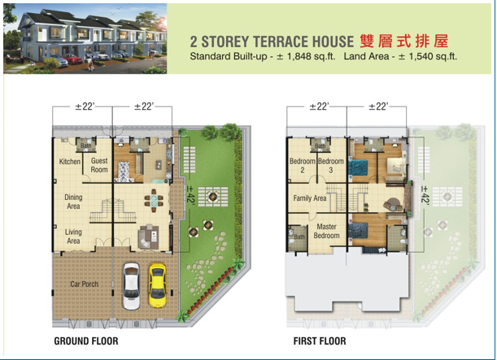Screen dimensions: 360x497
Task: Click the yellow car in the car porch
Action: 158,284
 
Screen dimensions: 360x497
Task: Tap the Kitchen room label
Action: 70,162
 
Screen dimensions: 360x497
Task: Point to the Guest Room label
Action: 99,166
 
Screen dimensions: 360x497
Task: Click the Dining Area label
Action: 73,201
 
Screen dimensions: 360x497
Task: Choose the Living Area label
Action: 73,236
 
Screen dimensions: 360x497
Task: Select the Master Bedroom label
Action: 328,231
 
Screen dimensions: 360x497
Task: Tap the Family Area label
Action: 310,198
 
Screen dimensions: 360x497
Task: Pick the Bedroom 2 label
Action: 302,166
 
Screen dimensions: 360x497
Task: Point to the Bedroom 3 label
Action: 330,166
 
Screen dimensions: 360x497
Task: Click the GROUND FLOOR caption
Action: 85,341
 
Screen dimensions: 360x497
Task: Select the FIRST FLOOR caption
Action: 320,341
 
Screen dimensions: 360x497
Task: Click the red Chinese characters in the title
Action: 403,41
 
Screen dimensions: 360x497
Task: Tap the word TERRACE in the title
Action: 273,41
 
